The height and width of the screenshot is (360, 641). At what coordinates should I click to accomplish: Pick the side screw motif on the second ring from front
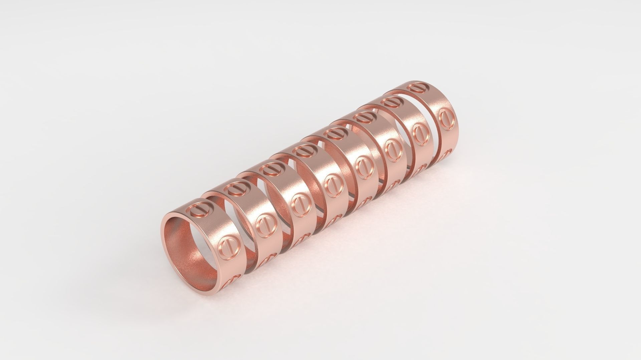click(265, 223)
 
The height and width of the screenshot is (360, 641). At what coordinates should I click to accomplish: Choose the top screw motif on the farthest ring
click(417, 88)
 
